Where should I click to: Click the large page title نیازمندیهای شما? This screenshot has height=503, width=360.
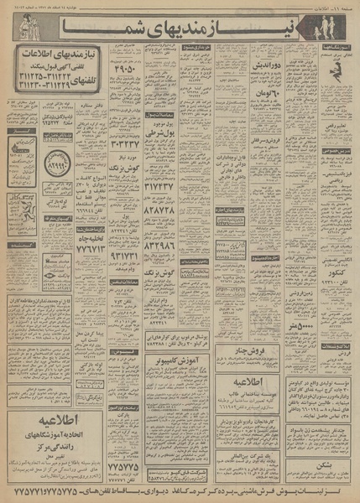coord(210,30)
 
